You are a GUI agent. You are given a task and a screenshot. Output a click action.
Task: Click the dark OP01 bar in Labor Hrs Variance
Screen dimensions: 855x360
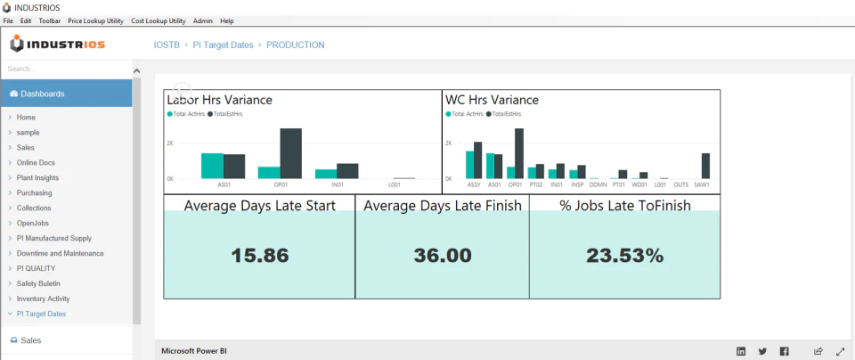290,153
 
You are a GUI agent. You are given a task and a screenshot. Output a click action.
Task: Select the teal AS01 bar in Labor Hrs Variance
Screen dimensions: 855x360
212,166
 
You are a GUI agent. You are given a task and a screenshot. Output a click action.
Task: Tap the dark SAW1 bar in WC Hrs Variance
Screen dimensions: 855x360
705,166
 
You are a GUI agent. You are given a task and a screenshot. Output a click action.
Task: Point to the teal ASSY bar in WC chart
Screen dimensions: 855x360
469,165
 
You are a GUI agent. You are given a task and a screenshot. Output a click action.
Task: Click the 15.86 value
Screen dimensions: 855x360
259,255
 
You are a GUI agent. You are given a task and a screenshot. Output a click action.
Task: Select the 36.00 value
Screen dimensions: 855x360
443,255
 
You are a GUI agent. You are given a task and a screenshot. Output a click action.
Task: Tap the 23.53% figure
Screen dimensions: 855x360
625,255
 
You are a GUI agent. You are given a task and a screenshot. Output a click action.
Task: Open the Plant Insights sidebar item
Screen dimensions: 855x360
37,178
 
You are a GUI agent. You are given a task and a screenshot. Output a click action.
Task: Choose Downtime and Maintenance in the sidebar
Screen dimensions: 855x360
60,253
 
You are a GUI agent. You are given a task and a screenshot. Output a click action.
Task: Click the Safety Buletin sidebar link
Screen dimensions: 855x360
38,283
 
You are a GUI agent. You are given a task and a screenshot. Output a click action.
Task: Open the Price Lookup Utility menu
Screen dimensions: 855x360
96,20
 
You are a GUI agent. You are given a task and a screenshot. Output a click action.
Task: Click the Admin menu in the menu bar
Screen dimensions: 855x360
203,20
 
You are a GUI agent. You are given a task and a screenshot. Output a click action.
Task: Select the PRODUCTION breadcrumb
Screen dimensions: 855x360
296,45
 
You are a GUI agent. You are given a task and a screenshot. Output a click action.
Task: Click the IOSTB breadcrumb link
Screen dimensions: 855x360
167,45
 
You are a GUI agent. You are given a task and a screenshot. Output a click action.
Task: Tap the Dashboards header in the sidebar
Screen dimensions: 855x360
43,94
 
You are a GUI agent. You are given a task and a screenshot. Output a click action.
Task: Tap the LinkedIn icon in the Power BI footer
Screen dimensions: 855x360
741,351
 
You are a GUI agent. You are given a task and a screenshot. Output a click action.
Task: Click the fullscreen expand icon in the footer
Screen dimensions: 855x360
840,351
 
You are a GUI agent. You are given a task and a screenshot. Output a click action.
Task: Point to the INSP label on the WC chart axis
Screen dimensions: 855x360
577,185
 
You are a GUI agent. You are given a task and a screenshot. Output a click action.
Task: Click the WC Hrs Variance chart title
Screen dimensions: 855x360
492,100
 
